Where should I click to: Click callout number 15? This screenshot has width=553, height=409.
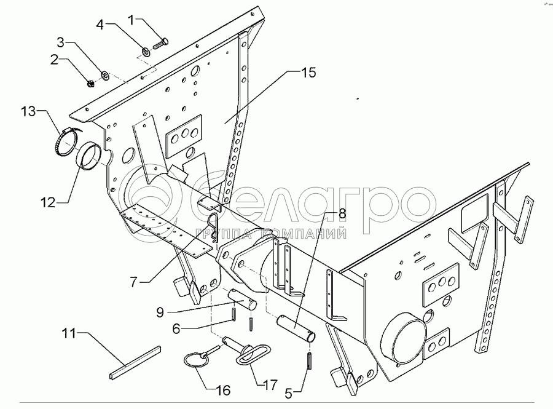coord(308,73)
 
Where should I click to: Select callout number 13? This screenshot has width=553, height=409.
coord(28,111)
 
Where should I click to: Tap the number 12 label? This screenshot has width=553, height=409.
coord(49,201)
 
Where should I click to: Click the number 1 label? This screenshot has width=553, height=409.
coord(130,20)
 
